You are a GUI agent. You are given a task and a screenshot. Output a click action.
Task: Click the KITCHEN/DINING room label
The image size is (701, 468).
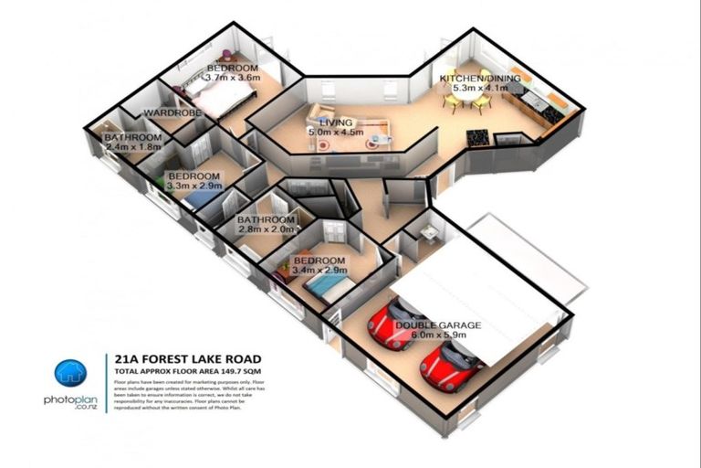click(x=480, y=80)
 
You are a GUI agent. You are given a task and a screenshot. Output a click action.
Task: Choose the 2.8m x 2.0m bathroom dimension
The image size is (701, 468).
click(x=267, y=230)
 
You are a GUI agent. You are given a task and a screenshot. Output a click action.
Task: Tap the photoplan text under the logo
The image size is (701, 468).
click(x=69, y=399)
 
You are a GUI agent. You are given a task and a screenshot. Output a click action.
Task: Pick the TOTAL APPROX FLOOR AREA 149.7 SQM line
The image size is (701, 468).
click(x=188, y=373)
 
